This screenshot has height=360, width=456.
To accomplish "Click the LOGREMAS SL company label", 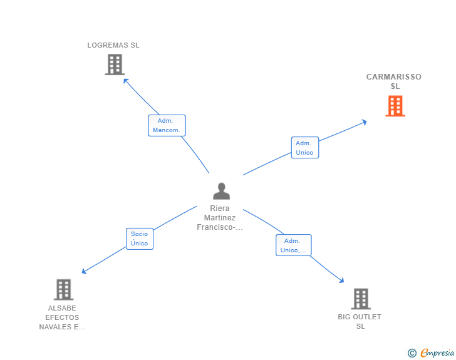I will point(113,45).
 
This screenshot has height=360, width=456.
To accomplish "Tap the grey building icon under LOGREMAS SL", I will point(114,64).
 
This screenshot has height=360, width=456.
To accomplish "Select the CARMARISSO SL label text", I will point(394,81).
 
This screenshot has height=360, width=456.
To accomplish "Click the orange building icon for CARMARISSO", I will point(395,106).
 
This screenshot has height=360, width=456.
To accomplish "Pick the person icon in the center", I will point(221,192).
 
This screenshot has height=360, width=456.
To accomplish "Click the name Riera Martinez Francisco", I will point(220,218).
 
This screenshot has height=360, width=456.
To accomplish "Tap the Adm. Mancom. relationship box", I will point(167,125).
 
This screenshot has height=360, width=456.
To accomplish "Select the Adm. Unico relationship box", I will point(304,148).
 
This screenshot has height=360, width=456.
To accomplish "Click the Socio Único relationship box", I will point(139,239).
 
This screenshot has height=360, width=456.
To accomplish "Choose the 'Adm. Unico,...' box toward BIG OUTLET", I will point(293,245).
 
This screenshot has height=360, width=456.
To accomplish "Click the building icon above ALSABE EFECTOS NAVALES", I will point(63,290).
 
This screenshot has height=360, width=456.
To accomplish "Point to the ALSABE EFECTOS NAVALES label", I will point(62,317).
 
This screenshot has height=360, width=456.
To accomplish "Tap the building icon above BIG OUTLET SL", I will point(360,299).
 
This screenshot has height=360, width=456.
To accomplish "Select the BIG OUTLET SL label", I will point(360,321).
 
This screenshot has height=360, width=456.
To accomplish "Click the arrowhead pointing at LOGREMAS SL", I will point(125,80).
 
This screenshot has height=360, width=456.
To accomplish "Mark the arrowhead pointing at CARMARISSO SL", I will point(365,121).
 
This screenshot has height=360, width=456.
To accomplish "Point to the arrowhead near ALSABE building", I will point(84,272).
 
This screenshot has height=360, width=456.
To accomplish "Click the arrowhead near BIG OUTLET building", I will point(341,281).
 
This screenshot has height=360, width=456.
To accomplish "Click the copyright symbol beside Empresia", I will point(412,353).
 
